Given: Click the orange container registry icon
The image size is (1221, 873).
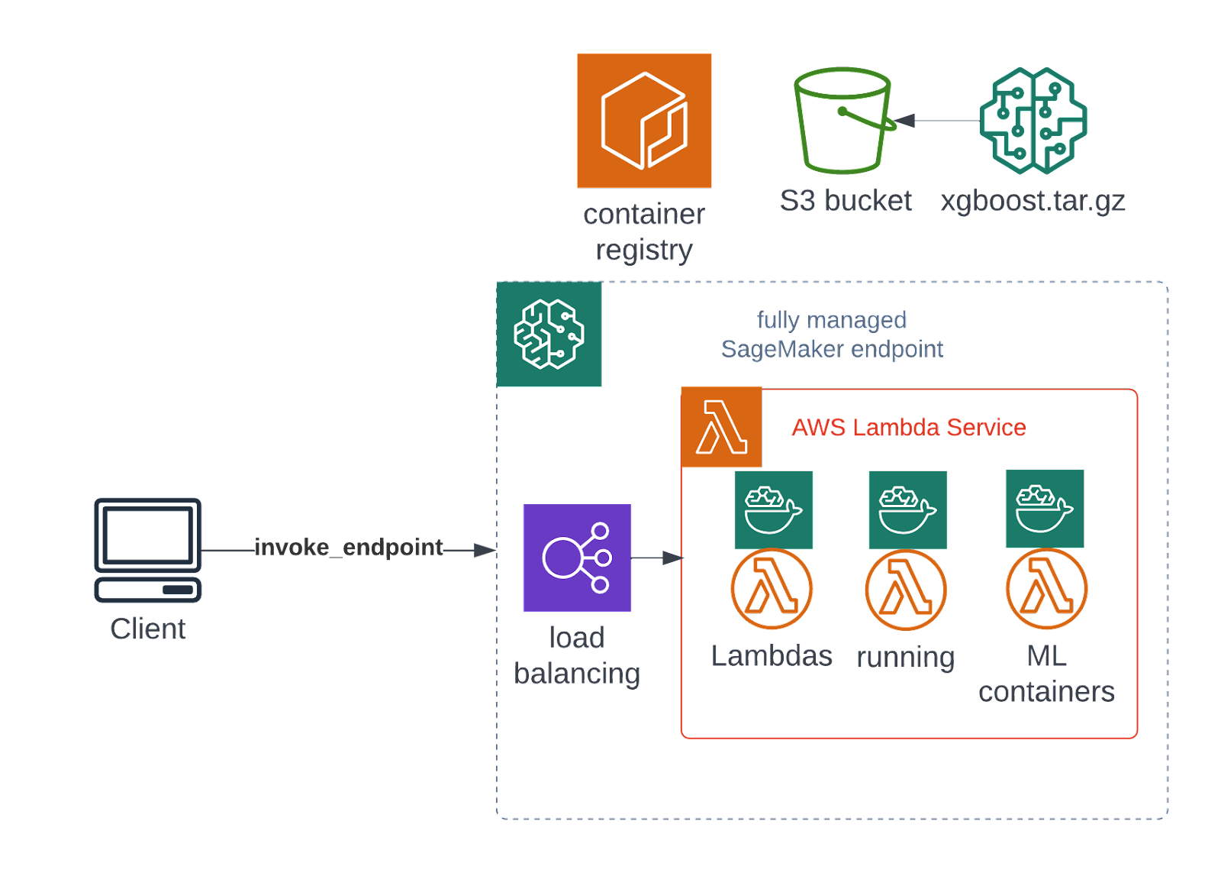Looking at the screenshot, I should pos(644,121).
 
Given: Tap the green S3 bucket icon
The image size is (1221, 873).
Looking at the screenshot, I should pos(842,121).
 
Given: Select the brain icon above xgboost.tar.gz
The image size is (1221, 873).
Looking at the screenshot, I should pos(1033,121).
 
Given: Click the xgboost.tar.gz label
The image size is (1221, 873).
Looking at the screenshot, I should pos(1033,201).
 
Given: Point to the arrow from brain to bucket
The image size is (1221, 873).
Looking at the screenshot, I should pos(939,121).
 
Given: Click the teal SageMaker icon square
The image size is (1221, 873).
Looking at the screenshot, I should pos(549,335).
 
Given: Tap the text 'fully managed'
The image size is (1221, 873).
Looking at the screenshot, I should pos(831,320).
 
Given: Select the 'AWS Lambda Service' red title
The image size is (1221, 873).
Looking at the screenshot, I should pos(908,428).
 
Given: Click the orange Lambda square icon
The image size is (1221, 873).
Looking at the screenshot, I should pos(721,427).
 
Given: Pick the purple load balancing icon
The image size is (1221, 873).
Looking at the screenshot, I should pos(578,558).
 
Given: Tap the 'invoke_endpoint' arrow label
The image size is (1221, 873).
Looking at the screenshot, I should pos(349,548).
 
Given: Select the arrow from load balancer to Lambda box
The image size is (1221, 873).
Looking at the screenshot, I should pos(657,558).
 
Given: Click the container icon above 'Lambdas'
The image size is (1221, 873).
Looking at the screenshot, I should pos(774,510).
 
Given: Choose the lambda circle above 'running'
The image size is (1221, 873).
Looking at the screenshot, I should pos(906,590).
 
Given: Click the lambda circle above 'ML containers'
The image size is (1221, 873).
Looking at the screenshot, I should pos(1046,589).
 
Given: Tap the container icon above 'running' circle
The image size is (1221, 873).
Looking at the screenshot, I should pos(907,510).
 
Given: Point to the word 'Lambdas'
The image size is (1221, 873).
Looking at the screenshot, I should pos(772,656).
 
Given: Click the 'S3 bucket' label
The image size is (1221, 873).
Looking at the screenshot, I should pos(846,201).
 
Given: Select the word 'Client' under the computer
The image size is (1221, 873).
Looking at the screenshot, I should pos(148,629).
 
